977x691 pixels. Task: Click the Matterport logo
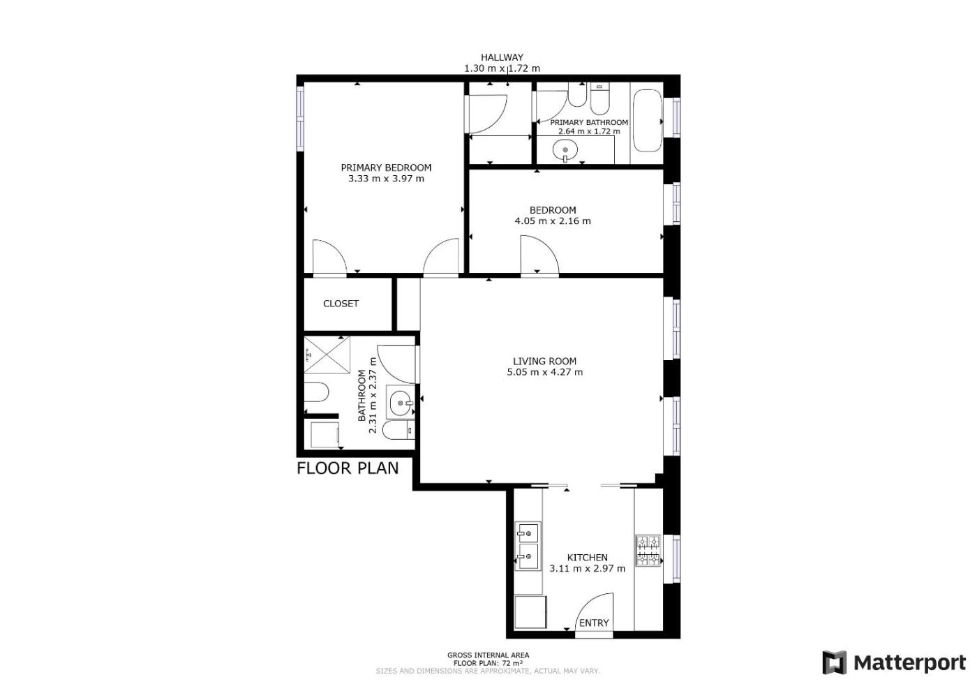(x=894, y=663)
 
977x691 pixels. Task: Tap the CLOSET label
(x=341, y=304)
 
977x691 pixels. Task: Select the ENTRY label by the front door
(x=594, y=623)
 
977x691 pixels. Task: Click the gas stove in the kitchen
(x=648, y=551)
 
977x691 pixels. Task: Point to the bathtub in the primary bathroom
(x=648, y=121)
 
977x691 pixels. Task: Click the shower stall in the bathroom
(x=327, y=355)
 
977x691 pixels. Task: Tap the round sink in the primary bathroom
(x=565, y=151)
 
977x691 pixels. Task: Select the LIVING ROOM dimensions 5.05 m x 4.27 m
(x=545, y=372)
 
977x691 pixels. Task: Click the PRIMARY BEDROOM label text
(x=386, y=168)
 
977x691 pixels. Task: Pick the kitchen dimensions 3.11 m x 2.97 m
(x=587, y=568)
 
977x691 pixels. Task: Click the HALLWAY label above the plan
(x=502, y=57)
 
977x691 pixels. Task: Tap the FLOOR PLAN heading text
(x=348, y=468)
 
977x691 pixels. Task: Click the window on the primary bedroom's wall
(x=300, y=118)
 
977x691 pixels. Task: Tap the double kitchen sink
(x=528, y=546)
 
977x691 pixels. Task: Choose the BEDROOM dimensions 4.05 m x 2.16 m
(x=553, y=221)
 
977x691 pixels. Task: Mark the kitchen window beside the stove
(x=676, y=559)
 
